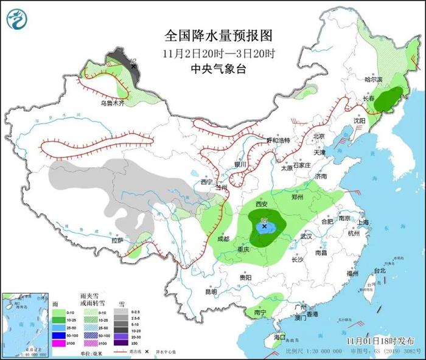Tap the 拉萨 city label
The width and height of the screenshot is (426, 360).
coord(117,240)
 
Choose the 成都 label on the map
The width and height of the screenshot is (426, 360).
coord(223,238)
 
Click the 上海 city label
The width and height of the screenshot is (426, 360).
coord(363,223)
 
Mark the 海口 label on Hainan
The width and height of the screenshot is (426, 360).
coord(279,337)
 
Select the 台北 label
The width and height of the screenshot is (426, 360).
coord(379,269)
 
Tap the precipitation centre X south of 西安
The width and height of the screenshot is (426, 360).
coord(264,226)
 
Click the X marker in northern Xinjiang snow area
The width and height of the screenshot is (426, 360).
coord(133,66)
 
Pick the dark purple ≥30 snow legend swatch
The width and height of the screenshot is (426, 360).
coord(122,344)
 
